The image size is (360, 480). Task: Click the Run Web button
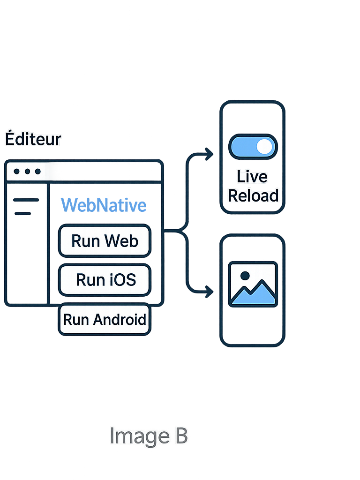pyautogui.click(x=105, y=241)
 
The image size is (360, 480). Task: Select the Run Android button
pyautogui.click(x=105, y=320)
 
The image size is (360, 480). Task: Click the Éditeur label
pyautogui.click(x=33, y=139)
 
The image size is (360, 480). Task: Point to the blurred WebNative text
pyautogui.click(x=104, y=205)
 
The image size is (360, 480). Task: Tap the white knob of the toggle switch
pyautogui.click(x=265, y=147)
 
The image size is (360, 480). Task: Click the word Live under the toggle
pyautogui.click(x=252, y=177)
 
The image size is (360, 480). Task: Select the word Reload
pyautogui.click(x=253, y=195)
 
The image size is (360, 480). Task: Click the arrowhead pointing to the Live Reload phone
pyautogui.click(x=209, y=154)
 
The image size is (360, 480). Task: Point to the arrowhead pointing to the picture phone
pyautogui.click(x=209, y=292)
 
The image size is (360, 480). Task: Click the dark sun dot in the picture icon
pyautogui.click(x=244, y=276)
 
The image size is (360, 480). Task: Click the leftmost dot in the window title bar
pyautogui.click(x=17, y=172)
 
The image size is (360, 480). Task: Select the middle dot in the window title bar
pyautogui.click(x=27, y=172)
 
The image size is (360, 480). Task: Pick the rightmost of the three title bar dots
pyautogui.click(x=37, y=172)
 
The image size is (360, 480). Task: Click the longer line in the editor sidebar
pyautogui.click(x=26, y=200)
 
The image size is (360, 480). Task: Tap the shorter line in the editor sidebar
pyautogui.click(x=22, y=213)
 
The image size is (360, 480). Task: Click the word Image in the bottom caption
pyautogui.click(x=133, y=436)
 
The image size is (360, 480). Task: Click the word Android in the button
pyautogui.click(x=119, y=320)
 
